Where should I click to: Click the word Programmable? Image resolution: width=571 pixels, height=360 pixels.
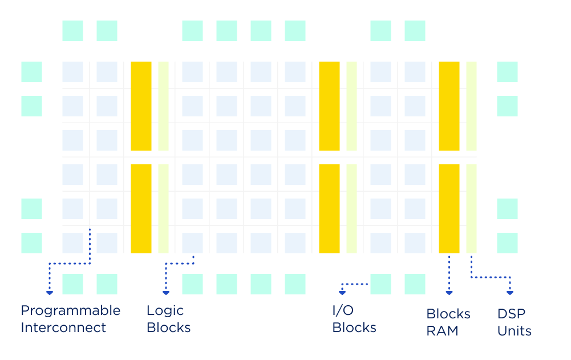click(70, 311)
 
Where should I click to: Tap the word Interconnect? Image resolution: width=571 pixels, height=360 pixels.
click(63, 327)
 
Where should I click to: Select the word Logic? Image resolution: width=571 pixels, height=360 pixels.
click(165, 310)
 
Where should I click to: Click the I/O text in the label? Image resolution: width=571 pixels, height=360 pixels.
click(343, 310)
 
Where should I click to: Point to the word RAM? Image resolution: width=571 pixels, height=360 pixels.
click(442, 331)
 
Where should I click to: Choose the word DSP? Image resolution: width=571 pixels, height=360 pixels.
click(511, 314)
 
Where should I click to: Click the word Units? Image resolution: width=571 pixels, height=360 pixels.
click(514, 331)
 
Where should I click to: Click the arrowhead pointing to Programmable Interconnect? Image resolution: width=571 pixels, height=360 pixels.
click(50, 293)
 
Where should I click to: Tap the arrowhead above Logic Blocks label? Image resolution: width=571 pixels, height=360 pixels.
click(166, 293)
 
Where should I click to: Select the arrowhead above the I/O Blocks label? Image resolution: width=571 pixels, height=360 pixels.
click(342, 293)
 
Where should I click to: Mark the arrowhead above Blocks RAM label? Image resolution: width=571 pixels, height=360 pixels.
click(449, 293)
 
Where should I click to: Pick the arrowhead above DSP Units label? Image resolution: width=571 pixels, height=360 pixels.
click(510, 293)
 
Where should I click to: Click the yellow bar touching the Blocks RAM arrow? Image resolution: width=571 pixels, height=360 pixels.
click(449, 209)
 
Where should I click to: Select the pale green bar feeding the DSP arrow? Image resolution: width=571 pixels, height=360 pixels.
click(471, 209)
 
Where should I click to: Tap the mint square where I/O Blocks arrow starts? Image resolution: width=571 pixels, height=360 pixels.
click(380, 284)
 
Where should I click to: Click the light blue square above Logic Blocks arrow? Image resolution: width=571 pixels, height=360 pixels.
click(192, 243)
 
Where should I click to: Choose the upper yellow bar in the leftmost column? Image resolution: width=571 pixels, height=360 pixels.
click(141, 106)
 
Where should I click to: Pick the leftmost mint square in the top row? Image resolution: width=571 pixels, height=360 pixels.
click(72, 31)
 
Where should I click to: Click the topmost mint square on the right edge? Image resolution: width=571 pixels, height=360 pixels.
click(507, 72)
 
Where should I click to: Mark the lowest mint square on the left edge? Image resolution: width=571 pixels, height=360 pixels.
click(31, 243)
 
